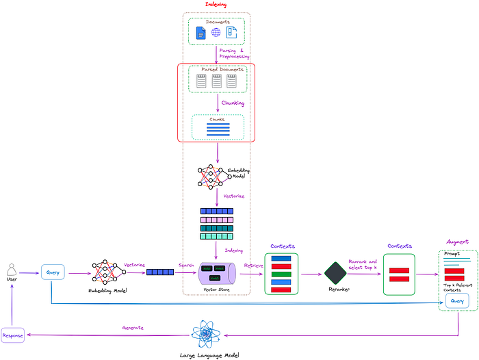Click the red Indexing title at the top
pyautogui.click(x=216, y=5)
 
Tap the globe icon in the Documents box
pyautogui.click(x=216, y=32)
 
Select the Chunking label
pyautogui.click(x=233, y=103)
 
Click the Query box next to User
pyautogui.click(x=52, y=272)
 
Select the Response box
pyautogui.click(x=12, y=336)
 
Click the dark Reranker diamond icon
pyautogui.click(x=335, y=273)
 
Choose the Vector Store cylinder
pyautogui.click(x=216, y=274)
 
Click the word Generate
pyautogui.click(x=133, y=328)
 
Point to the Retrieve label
pyautogui.click(x=253, y=264)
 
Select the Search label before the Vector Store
pyautogui.click(x=186, y=264)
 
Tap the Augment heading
pyautogui.click(x=457, y=242)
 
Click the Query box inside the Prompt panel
pyautogui.click(x=457, y=300)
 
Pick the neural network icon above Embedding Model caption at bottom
pyautogui.click(x=107, y=272)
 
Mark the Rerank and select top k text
pyautogui.click(x=363, y=263)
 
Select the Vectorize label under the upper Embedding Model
pyautogui.click(x=233, y=196)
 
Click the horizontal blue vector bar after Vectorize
pyautogui.click(x=159, y=272)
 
